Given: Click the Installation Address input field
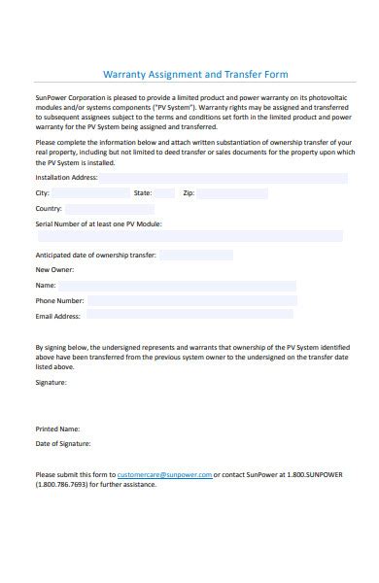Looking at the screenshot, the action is (223, 179).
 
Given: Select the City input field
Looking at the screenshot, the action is (91, 193).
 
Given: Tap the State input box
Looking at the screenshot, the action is (165, 193).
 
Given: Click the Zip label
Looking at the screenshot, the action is (189, 193).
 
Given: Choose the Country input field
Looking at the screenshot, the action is (110, 209).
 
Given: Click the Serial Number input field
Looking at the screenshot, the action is (189, 236).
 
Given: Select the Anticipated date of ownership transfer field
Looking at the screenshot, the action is (196, 256).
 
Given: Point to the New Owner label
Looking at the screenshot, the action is (54, 270).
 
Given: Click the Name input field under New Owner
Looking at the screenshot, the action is (177, 286).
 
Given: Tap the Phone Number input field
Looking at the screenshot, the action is (192, 301).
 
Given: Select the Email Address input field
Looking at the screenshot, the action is (189, 316).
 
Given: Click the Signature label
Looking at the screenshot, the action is (52, 383).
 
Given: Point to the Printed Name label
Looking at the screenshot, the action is (57, 429).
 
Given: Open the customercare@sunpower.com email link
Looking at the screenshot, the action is (164, 474).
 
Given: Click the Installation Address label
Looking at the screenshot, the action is (66, 179).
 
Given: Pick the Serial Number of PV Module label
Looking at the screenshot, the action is (98, 223).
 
